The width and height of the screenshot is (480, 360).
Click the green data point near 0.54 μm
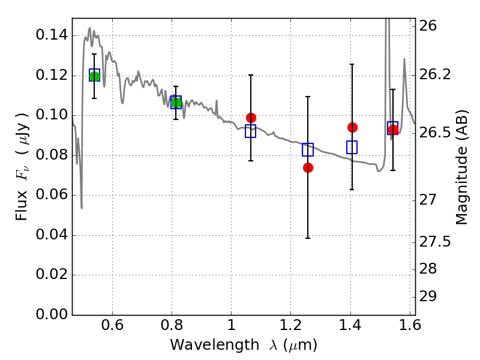94,76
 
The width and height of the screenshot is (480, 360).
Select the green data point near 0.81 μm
176,103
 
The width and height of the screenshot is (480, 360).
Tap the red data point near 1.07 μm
251,118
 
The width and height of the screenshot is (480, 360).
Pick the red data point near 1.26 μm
308,167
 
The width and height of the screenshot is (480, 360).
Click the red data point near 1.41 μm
352,127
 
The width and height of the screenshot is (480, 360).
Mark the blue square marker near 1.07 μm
250,131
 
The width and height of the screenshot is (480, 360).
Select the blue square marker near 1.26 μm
308,150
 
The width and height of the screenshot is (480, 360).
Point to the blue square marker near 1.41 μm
352,147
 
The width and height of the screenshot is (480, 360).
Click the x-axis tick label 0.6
112,327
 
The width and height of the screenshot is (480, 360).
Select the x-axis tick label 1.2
291,327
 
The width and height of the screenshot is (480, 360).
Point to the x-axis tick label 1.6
410,327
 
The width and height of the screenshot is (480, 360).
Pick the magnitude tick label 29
433,297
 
